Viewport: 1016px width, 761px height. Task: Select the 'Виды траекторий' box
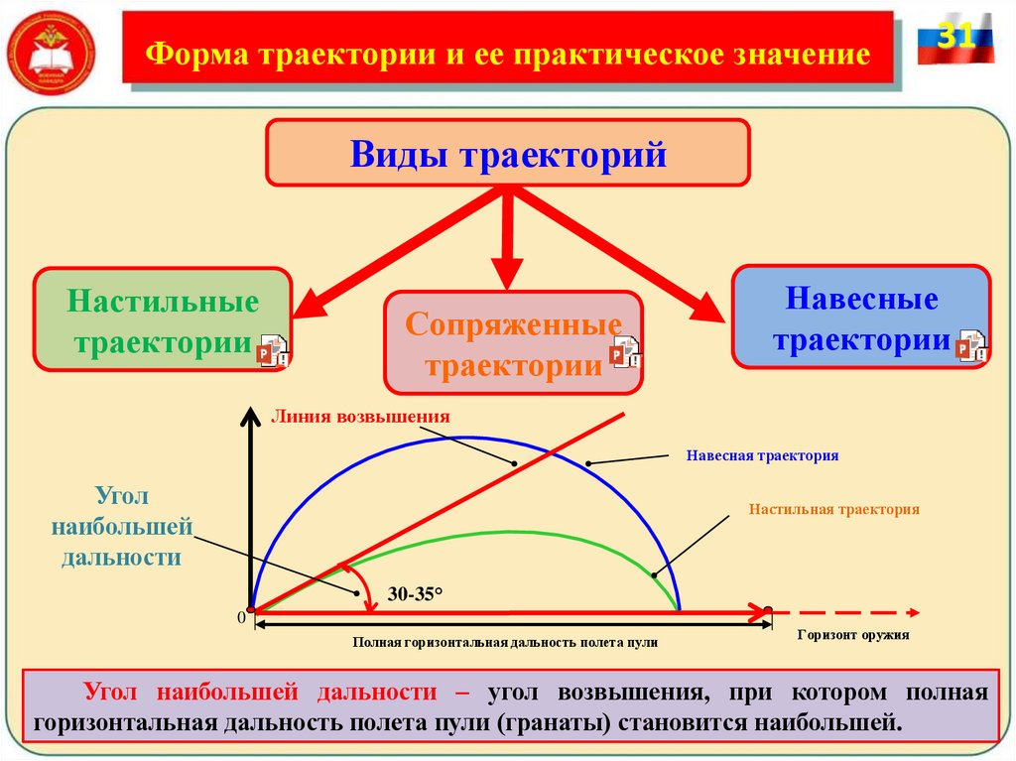[507, 154]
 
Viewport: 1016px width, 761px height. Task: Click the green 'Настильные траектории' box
[163, 319]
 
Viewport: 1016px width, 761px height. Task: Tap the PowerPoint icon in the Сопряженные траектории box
[626, 352]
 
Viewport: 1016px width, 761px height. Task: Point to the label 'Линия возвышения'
[361, 417]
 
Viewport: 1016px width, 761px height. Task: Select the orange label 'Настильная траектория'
[834, 509]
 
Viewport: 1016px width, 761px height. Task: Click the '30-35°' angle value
[416, 594]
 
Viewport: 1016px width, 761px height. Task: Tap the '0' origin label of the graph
[240, 618]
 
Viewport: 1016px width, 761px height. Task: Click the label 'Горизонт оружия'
[852, 634]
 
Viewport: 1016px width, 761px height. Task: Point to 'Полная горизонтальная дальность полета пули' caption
[505, 643]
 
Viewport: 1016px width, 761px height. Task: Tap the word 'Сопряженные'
[513, 325]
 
